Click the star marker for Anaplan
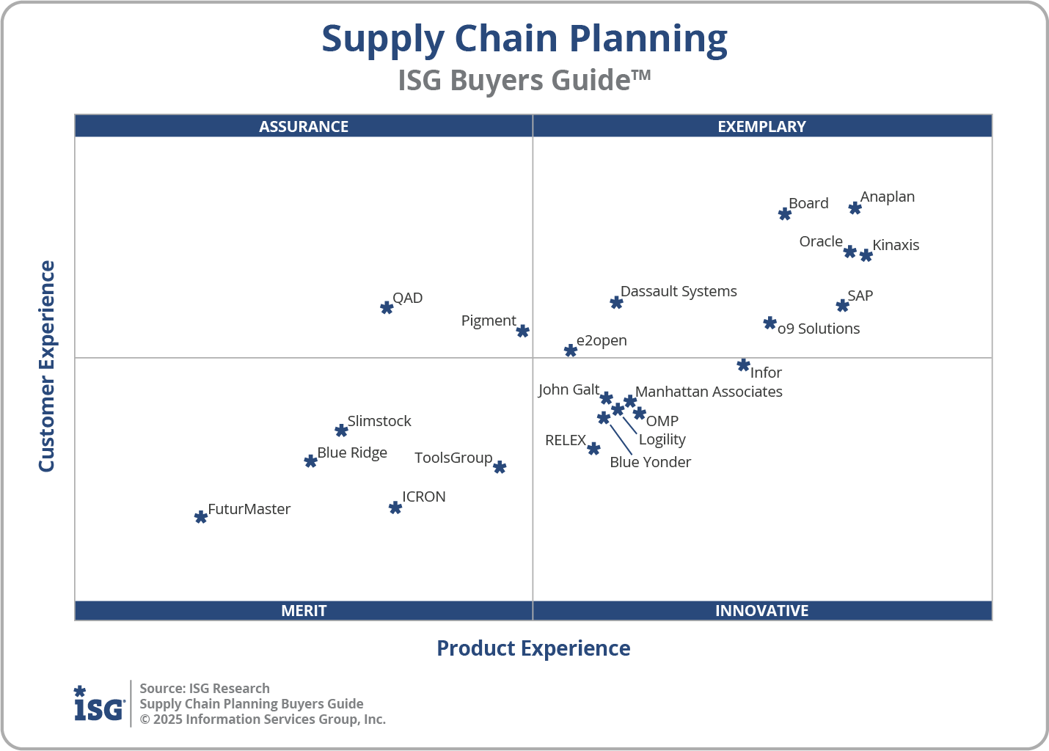855,208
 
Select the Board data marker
785,214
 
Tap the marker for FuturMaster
201,517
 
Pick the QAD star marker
387,307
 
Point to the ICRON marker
395,508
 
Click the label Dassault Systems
679,291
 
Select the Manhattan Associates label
709,392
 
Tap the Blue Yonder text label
650,462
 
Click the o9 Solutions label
819,329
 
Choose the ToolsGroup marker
500,467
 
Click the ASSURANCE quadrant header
304,126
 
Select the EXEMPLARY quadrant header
761,126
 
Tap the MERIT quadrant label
304,610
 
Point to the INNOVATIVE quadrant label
761,610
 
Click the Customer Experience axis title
47,367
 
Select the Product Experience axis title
533,648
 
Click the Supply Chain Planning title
524,39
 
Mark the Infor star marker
743,365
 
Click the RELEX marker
594,449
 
